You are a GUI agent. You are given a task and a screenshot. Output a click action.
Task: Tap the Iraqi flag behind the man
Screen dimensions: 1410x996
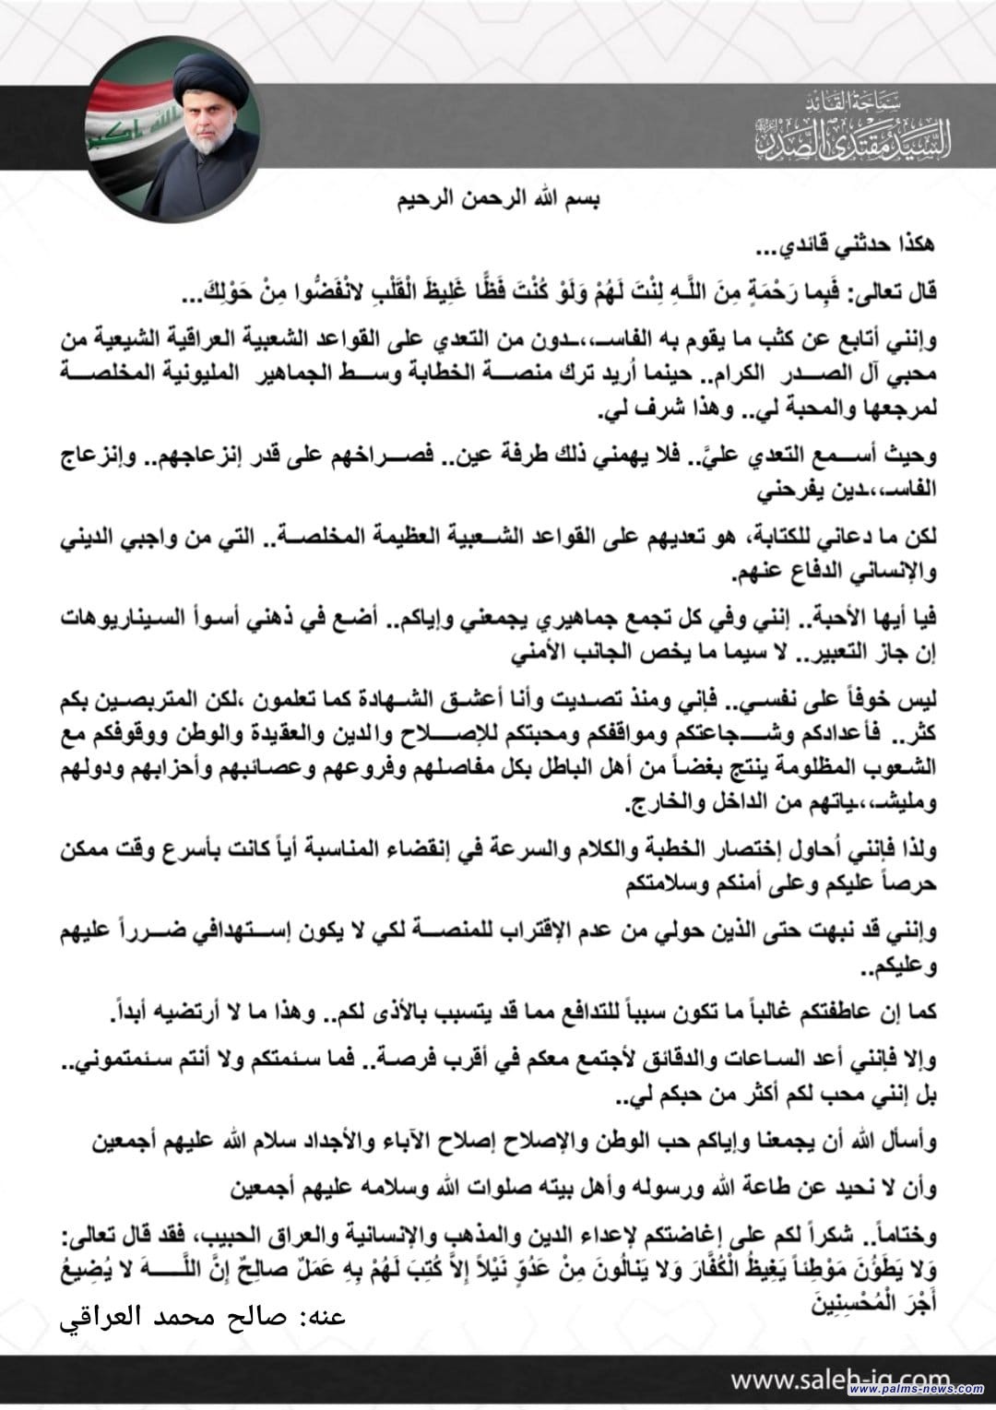[x=125, y=138]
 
